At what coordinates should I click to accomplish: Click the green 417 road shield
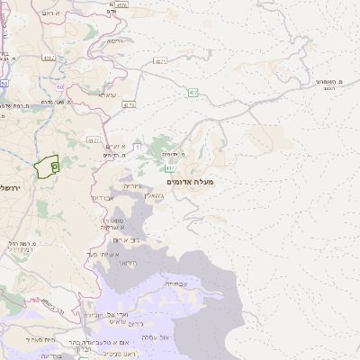point(171,167)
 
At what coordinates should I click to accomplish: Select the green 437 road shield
point(193,93)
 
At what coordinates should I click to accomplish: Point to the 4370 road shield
point(130,104)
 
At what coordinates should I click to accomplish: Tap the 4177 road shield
point(94,140)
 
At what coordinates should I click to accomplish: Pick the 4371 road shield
point(160,62)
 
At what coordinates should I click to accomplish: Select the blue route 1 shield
point(138,145)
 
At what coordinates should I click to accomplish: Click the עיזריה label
point(132,186)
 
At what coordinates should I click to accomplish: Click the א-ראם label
point(51,13)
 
